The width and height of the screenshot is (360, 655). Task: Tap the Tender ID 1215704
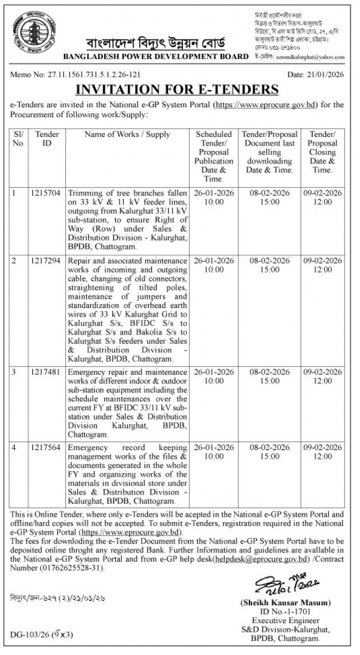pos(47,193)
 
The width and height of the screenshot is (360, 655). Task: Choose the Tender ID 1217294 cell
pos(47,261)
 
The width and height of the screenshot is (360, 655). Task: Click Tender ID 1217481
pos(47,372)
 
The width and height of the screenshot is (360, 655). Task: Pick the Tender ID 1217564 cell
pos(47,448)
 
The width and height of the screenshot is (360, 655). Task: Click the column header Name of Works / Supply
pos(127,134)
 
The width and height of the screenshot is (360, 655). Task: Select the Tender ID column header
pos(47,139)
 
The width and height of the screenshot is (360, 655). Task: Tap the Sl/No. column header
pos(18,139)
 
